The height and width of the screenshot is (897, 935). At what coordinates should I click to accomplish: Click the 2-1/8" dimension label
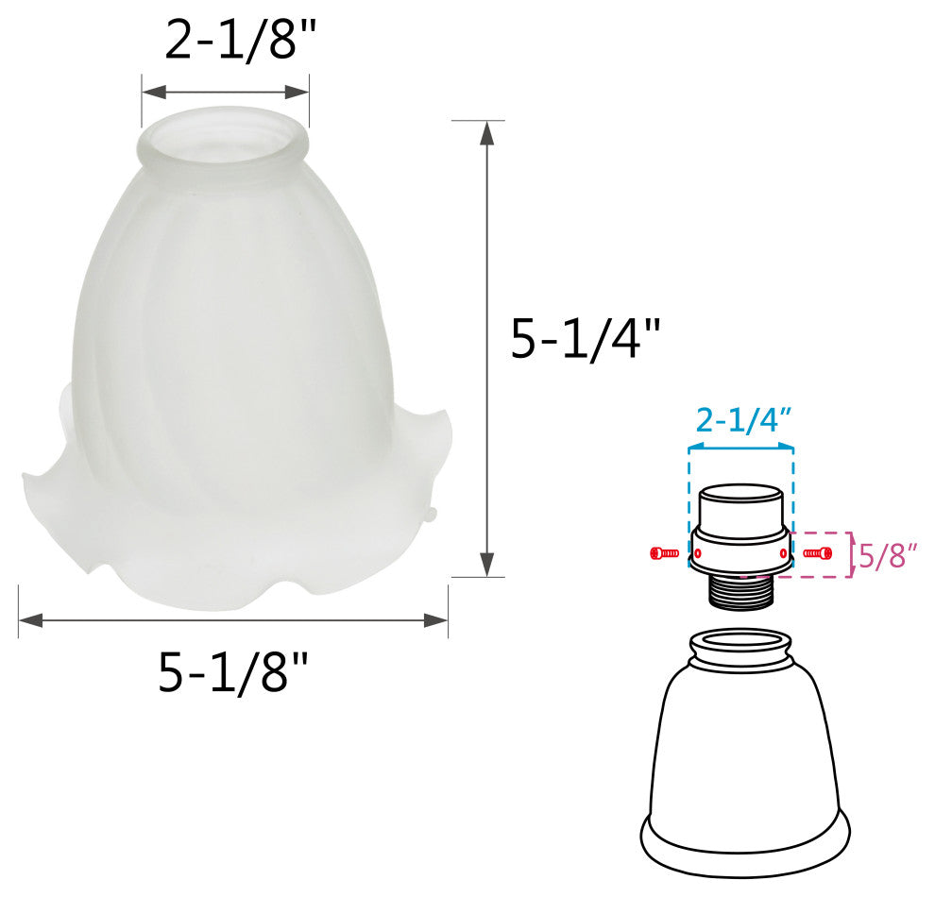[239, 40]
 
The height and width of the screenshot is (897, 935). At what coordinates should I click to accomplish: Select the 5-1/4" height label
[586, 339]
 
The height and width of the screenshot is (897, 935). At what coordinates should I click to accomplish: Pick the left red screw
[664, 553]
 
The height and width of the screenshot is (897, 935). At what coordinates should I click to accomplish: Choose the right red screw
[818, 553]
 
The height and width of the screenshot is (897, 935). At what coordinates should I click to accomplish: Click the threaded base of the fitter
[740, 592]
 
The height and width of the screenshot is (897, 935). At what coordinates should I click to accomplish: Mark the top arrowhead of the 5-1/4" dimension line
[487, 133]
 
